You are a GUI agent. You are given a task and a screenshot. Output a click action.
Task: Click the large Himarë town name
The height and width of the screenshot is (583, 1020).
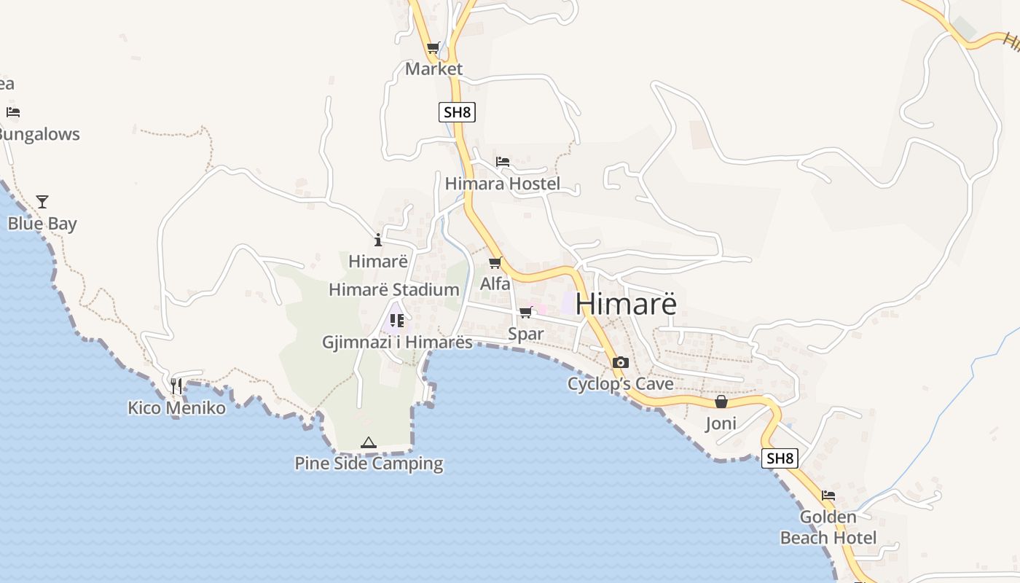pos(626,304)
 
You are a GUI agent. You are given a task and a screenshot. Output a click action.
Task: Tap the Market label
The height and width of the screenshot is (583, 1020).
pos(433,69)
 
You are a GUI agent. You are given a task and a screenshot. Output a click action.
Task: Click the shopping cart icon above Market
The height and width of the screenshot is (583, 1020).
pos(433,48)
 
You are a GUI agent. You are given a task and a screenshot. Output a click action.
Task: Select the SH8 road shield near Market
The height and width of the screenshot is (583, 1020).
pos(458,112)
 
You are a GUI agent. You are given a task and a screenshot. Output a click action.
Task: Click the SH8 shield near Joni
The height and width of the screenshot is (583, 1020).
pos(780,458)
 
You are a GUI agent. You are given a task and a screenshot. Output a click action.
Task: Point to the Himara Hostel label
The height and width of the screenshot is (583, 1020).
pos(503,184)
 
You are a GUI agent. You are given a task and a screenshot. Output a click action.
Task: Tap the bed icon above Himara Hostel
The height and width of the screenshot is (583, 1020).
pos(503,162)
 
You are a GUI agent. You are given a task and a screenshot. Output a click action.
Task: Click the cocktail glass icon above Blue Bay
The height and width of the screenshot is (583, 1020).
pos(42,202)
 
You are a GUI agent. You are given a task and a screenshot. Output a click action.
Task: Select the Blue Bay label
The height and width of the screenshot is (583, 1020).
pos(42,224)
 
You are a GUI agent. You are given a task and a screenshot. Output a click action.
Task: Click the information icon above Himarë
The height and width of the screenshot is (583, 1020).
pos(377,240)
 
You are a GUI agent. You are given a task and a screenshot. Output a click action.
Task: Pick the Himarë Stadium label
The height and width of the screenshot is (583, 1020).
pos(394,289)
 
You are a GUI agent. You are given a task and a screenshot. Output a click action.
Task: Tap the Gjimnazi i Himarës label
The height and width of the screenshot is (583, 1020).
pos(398,342)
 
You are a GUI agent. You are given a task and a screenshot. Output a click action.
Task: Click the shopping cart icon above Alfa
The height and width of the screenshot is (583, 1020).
pos(495,262)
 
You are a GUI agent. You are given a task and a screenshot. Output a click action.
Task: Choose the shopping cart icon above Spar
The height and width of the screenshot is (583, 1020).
pos(525,313)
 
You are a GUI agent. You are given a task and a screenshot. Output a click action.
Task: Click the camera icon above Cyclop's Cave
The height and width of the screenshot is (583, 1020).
pos(621,362)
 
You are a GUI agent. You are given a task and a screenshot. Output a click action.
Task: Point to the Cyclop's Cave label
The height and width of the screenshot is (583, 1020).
pos(621,383)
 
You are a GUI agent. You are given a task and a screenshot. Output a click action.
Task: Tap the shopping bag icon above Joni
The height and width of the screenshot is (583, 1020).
pos(721,402)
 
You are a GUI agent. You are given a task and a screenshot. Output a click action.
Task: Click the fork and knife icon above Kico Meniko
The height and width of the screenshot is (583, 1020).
pos(176,386)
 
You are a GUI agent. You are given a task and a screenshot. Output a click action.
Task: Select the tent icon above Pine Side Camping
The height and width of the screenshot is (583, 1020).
pos(369,442)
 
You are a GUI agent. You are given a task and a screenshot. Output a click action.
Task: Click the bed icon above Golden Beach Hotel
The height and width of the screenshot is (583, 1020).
pos(828,496)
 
